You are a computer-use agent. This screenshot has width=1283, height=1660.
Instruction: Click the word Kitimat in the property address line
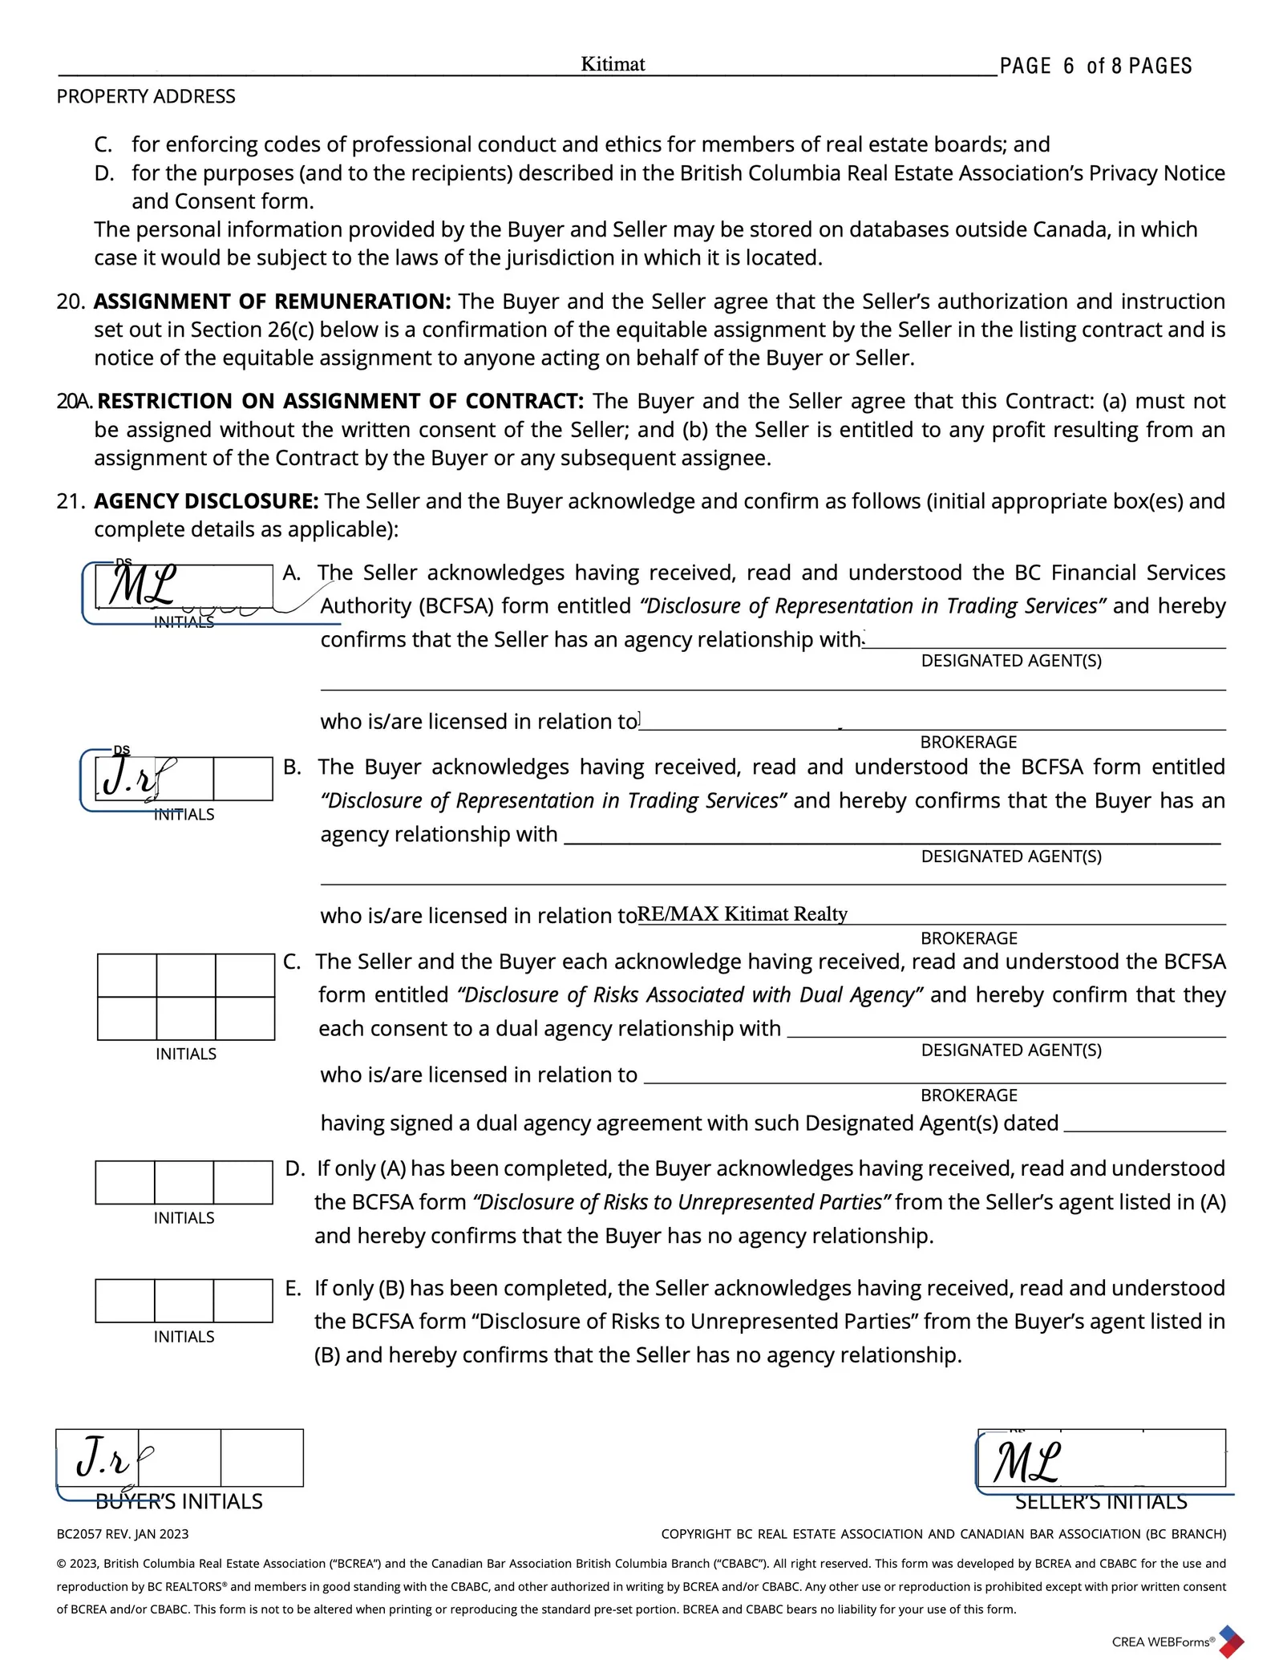coord(613,64)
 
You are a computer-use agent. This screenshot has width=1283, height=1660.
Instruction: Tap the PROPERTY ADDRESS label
coord(146,97)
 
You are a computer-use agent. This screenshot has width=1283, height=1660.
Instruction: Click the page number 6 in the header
coord(1068,67)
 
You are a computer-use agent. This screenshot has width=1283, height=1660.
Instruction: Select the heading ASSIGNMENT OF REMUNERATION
coord(273,302)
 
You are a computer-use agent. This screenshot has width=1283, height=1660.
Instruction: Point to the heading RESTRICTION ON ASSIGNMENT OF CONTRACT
coord(341,401)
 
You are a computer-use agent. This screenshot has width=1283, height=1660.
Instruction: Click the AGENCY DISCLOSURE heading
coord(206,501)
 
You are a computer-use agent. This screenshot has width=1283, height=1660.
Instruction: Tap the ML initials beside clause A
coord(143,587)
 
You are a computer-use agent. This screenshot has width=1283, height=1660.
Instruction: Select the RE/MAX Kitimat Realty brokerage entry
coord(742,914)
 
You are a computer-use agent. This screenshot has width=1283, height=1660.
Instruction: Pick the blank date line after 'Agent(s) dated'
coord(1144,1124)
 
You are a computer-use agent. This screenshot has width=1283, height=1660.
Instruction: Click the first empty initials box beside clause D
coord(125,1182)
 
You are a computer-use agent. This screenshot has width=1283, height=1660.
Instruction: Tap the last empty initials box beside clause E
coord(243,1301)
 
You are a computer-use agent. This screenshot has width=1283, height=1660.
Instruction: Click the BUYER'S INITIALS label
coord(179,1502)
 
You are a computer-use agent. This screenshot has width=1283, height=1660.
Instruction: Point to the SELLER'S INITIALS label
coord(1101,1502)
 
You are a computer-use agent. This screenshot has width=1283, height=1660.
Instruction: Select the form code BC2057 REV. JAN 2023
coord(123,1534)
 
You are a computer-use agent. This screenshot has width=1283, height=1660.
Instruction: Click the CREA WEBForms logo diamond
coord(1231,1641)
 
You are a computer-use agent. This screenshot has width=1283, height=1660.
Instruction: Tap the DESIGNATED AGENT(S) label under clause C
coord(1011,1051)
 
